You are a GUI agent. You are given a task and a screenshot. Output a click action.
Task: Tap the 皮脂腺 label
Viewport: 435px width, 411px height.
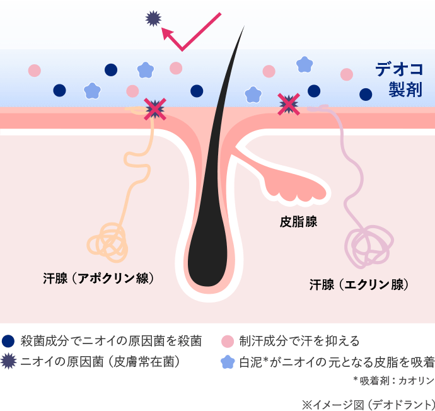tap(298, 222)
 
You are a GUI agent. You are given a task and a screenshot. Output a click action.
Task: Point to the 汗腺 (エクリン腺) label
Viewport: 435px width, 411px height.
tap(359, 284)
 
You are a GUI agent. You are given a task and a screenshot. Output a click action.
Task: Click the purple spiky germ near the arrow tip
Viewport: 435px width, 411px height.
tap(153, 19)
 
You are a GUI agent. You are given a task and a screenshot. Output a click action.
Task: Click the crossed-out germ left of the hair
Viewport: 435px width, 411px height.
tap(154, 109)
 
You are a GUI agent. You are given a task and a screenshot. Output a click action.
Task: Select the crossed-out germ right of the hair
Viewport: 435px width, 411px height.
tap(289, 104)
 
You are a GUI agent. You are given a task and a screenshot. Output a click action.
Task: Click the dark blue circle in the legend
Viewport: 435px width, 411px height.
tap(8, 341)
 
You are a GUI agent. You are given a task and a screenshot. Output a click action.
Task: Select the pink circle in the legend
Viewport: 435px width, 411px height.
tap(228, 341)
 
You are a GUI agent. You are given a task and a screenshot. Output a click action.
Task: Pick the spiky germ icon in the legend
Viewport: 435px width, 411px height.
tap(8, 361)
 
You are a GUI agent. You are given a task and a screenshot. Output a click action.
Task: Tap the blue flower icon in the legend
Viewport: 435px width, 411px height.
tap(228, 362)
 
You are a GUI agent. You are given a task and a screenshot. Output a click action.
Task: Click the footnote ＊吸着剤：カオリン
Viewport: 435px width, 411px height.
tap(393, 380)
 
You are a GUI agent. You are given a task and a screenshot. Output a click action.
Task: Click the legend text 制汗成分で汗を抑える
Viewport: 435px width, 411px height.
tap(299, 341)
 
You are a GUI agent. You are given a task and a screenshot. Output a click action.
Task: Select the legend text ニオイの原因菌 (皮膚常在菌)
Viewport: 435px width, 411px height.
tap(101, 361)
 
